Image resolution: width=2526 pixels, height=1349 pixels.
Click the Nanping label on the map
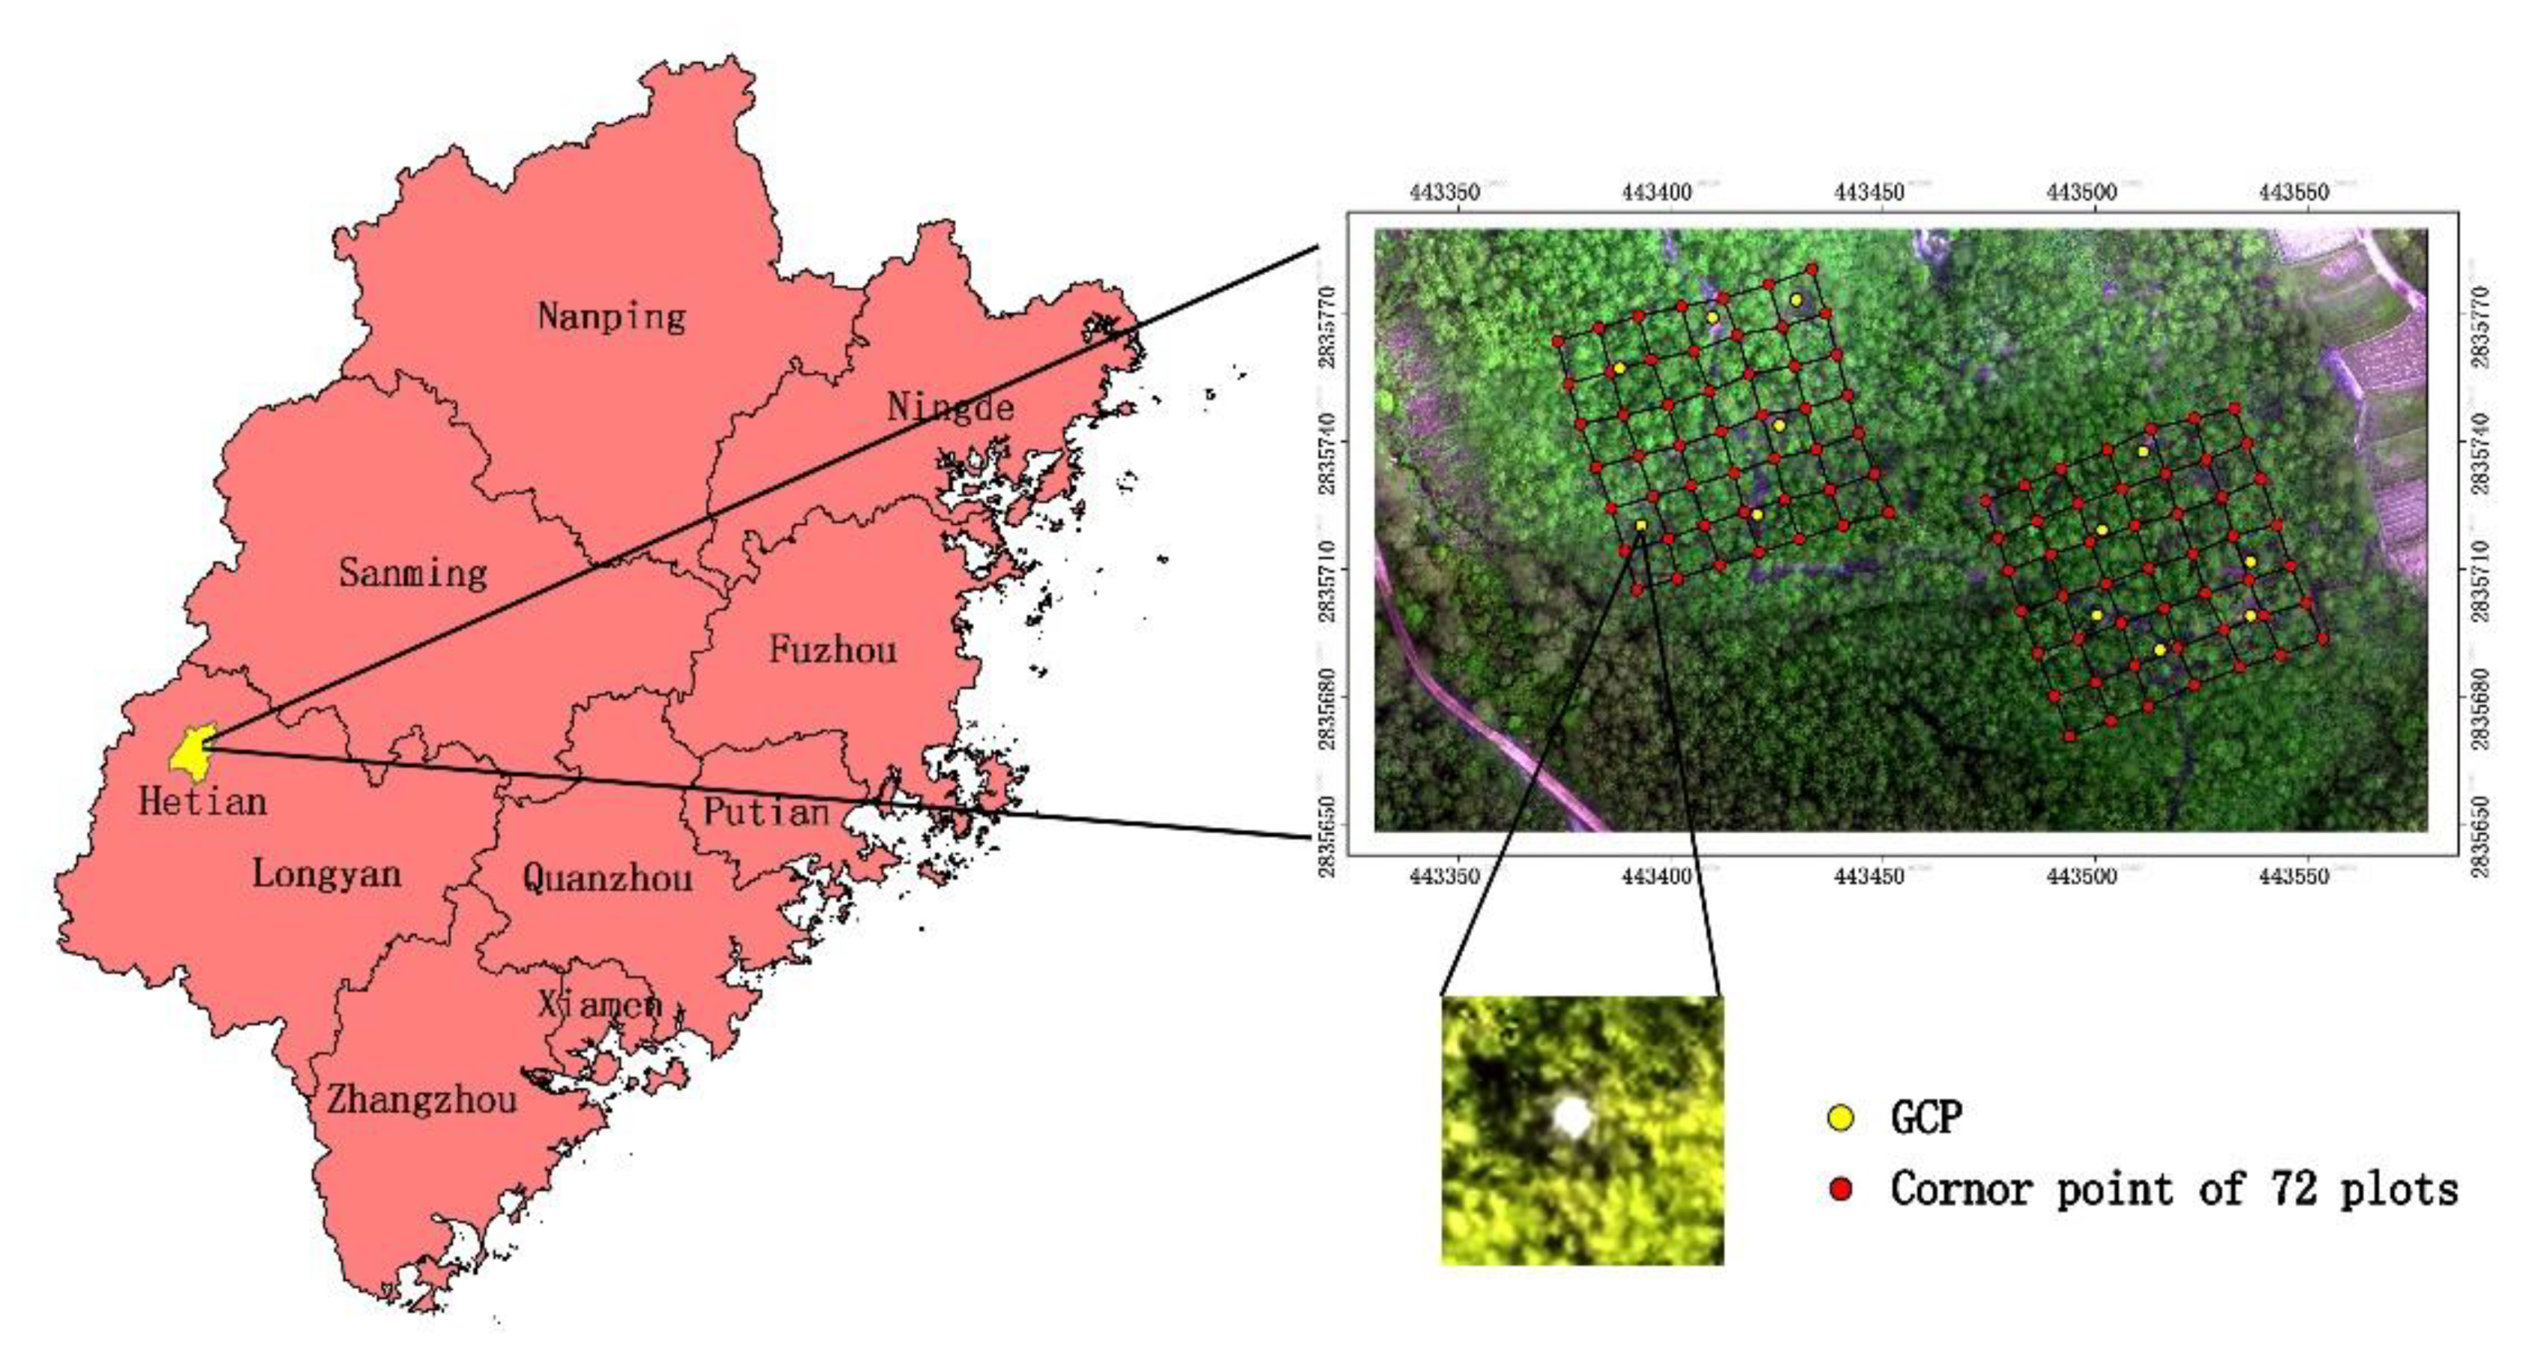pyautogui.click(x=611, y=316)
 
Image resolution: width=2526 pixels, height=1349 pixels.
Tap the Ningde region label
pyautogui.click(x=949, y=406)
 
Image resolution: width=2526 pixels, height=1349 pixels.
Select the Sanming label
pyautogui.click(x=413, y=573)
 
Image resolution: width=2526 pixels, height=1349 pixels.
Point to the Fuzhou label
pyautogui.click(x=833, y=649)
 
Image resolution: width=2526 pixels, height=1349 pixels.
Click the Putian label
pyautogui.click(x=766, y=811)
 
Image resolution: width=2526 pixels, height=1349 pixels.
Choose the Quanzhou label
pyautogui.click(x=607, y=877)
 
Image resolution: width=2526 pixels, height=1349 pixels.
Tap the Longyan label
pyautogui.click(x=326, y=874)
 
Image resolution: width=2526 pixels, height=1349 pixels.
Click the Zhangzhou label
pyautogui.click(x=421, y=1100)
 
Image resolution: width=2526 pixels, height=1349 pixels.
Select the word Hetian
pyautogui.click(x=202, y=802)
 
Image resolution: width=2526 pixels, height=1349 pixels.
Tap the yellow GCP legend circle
pyautogui.click(x=1842, y=1118)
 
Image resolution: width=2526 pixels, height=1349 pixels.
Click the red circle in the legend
pyautogui.click(x=1842, y=1190)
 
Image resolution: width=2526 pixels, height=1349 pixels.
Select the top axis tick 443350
pyautogui.click(x=1444, y=192)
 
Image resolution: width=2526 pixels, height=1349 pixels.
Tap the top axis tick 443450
pyautogui.click(x=1869, y=192)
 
